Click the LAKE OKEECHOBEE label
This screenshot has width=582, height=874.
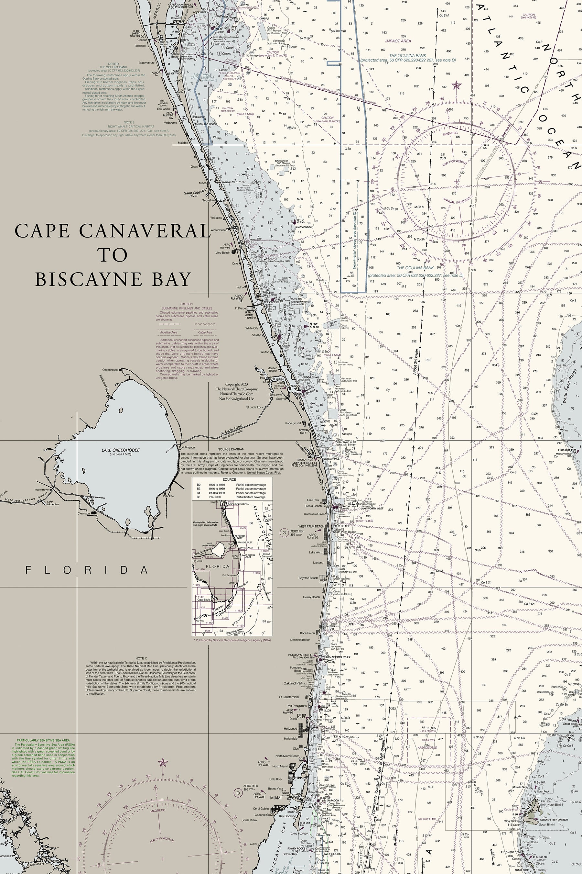point(121,450)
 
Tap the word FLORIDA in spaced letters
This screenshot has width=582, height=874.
point(87,570)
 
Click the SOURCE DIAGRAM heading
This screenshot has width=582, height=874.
point(231,449)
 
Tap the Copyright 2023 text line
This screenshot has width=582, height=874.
point(236,384)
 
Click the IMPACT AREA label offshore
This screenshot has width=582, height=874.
point(398,41)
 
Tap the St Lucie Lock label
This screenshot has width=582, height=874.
point(255,407)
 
